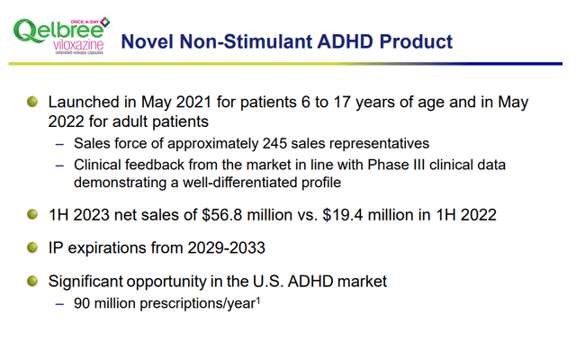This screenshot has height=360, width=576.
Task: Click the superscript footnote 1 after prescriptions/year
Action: click(257, 300)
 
